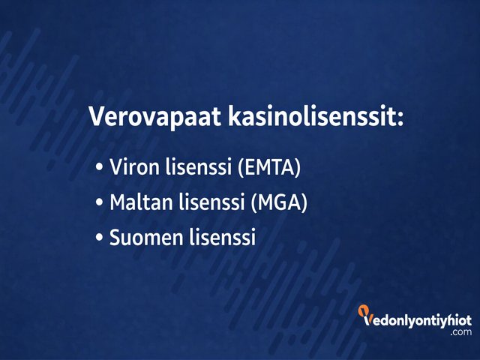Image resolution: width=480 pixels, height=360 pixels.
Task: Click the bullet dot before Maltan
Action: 100,203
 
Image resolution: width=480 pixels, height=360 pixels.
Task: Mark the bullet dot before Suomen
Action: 100,239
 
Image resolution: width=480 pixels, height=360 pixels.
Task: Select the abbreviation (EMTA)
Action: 268,167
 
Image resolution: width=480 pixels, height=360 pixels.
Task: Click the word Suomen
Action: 145,238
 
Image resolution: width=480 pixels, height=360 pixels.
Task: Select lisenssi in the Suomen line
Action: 224,238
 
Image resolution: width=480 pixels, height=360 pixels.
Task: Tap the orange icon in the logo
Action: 363,311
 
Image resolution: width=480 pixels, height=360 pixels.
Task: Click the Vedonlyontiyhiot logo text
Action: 417,320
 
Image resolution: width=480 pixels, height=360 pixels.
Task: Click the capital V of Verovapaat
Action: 97,117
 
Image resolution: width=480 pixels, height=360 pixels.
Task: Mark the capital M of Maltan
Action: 118,202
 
